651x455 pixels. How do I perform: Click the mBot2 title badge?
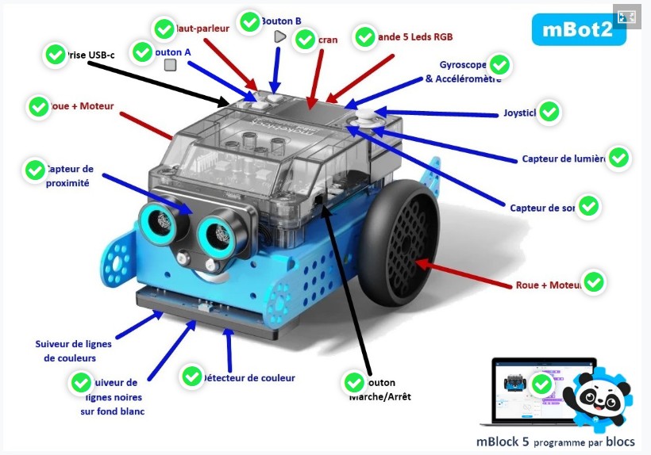click(x=578, y=30)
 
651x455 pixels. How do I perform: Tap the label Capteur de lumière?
click(x=563, y=159)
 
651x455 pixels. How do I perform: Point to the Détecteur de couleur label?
click(x=248, y=378)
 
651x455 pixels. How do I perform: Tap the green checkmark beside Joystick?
click(x=549, y=113)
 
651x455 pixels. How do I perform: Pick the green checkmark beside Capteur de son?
click(x=589, y=206)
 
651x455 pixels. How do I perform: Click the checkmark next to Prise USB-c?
click(x=55, y=55)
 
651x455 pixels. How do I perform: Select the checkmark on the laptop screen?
click(x=541, y=384)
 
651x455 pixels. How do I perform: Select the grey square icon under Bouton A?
click(x=170, y=65)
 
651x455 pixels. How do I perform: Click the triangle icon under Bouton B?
click(x=279, y=36)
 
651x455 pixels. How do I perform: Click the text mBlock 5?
click(x=503, y=442)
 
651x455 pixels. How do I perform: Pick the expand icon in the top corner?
click(x=626, y=17)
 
